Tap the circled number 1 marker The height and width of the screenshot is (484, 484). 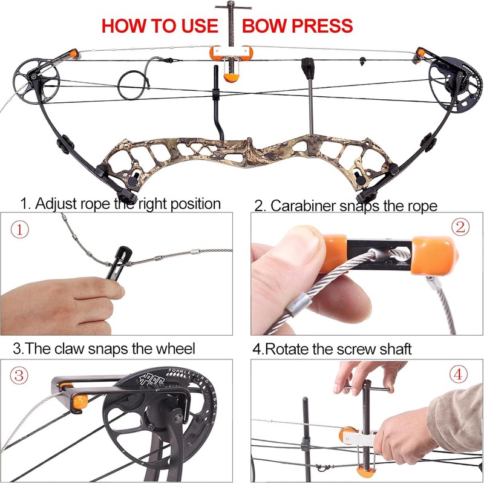tap(22, 230)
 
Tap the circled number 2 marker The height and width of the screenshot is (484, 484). tap(462, 227)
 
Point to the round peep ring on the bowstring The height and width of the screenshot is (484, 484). tap(131, 85)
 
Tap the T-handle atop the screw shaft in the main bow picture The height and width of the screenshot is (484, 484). tap(232, 8)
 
